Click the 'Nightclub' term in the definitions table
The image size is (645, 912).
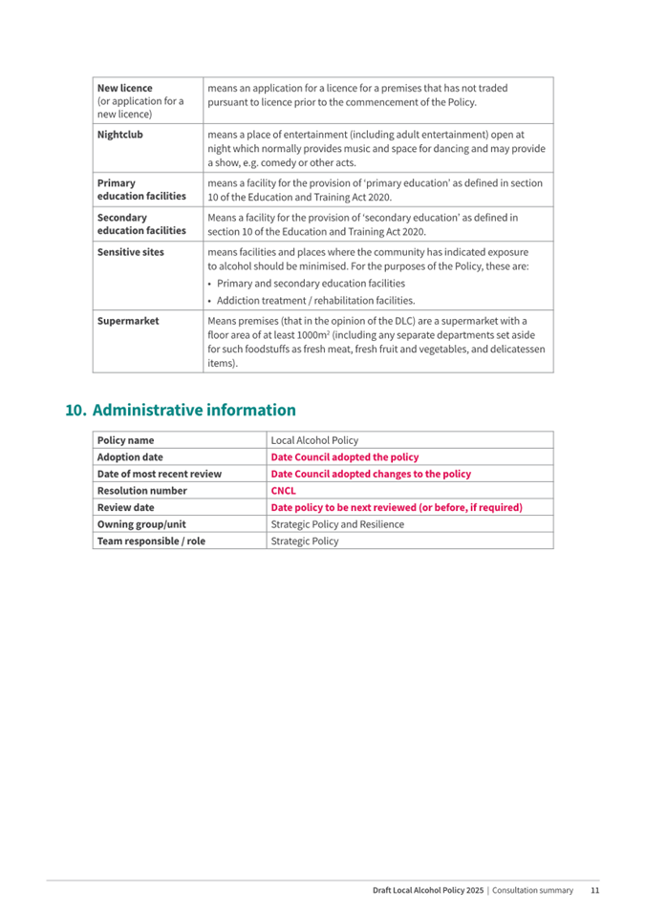(119, 135)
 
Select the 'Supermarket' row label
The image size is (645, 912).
(128, 321)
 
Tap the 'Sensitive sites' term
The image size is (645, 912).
(131, 252)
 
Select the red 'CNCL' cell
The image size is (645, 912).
(284, 491)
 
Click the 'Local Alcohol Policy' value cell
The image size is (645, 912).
(314, 440)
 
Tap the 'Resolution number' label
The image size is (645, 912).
(141, 491)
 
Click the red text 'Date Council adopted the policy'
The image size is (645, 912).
(345, 457)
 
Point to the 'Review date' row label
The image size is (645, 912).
(125, 507)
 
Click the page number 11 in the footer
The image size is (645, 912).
(594, 890)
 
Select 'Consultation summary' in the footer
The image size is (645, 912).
(533, 890)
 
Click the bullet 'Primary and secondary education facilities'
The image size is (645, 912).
(311, 284)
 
